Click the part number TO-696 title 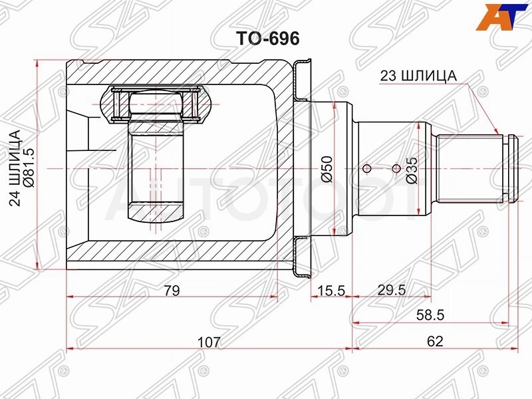click(268, 39)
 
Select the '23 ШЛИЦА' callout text click(418, 76)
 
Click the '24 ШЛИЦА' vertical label click(15, 168)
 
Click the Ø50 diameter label click(327, 169)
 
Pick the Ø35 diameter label click(412, 170)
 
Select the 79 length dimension click(172, 291)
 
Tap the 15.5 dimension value click(331, 291)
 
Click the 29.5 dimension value click(391, 291)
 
